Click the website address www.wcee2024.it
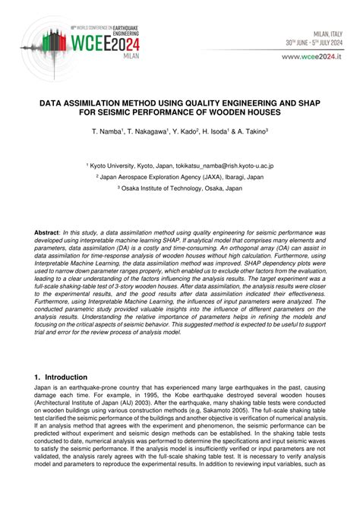point(312,56)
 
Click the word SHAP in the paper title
point(302,100)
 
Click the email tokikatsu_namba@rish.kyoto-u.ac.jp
point(228,165)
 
